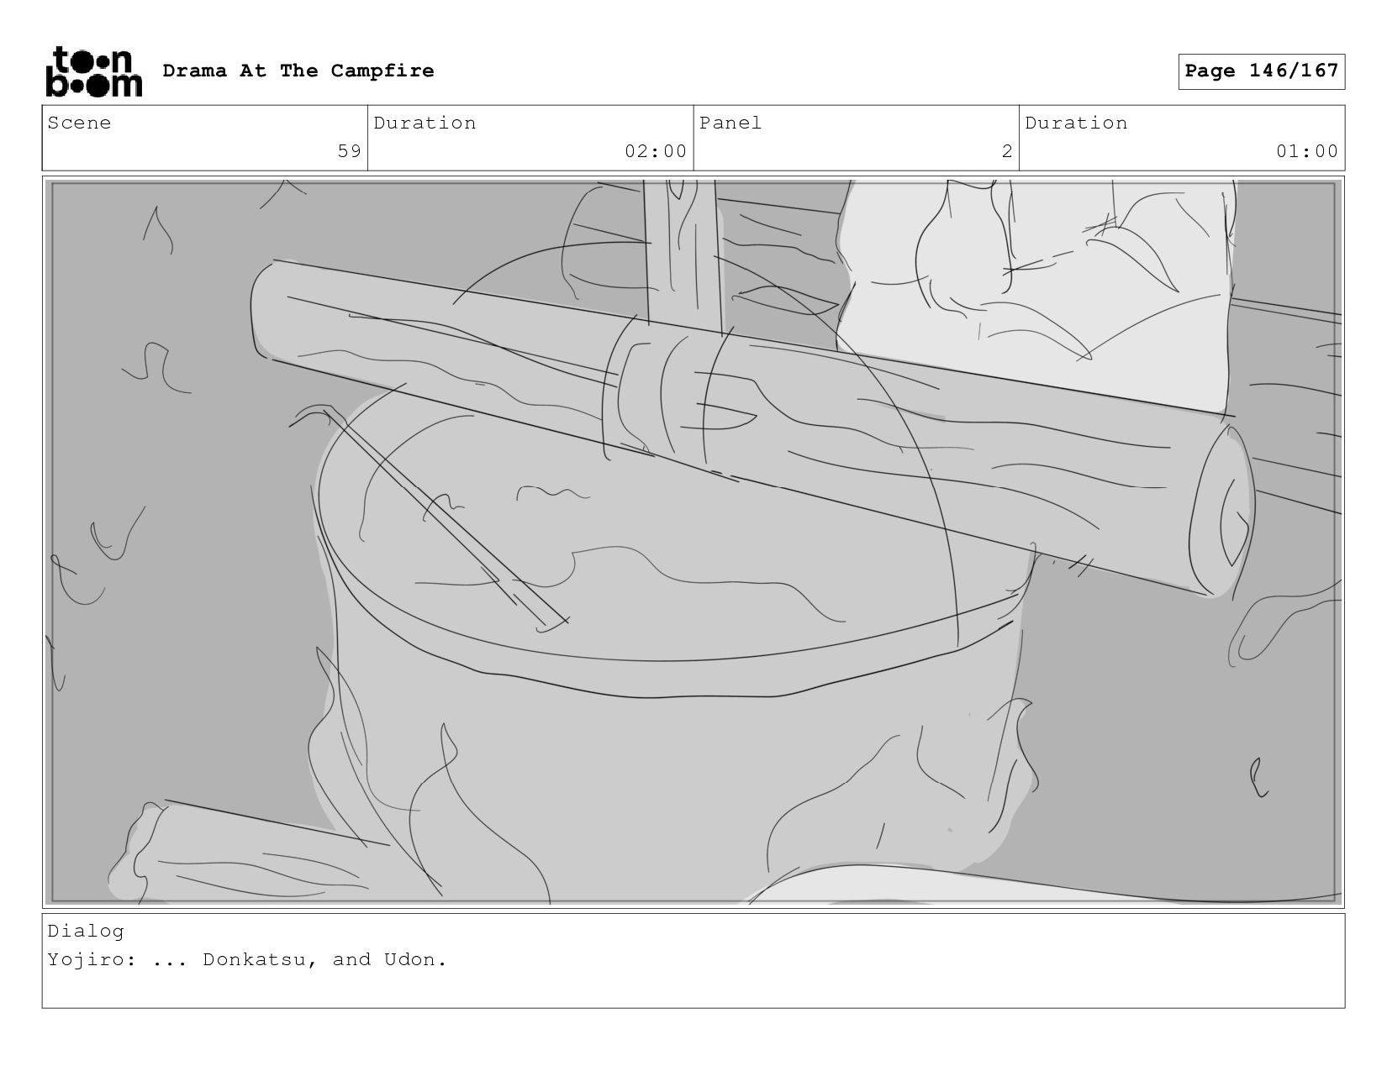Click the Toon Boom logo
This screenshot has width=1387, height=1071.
94,71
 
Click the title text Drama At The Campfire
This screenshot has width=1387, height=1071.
298,71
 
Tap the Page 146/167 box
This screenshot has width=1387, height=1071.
1261,71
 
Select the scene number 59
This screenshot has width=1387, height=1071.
349,151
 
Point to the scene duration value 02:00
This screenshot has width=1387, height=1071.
656,151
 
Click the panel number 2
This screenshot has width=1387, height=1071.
1007,151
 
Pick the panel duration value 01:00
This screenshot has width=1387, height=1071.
1306,151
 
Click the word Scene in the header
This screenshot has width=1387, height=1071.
79,123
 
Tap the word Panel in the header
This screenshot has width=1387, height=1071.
730,123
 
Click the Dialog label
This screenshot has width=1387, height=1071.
86,932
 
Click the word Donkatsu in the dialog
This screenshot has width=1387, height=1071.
254,959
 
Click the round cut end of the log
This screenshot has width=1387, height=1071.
1221,511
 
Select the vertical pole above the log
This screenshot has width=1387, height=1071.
682,255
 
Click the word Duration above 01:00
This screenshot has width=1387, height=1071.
1075,123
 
